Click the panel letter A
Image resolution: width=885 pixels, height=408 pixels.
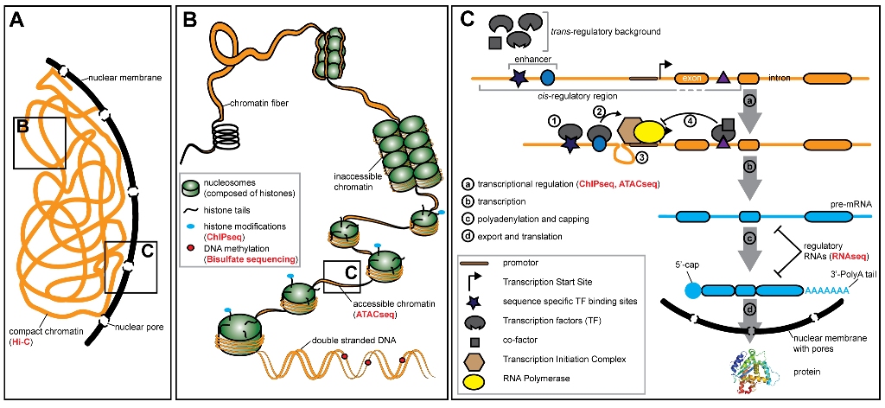click(16, 20)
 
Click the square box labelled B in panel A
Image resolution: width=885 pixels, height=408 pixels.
click(39, 143)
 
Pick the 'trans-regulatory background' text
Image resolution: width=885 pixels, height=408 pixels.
click(605, 32)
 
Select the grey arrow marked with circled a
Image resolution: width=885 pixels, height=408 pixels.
click(749, 101)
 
